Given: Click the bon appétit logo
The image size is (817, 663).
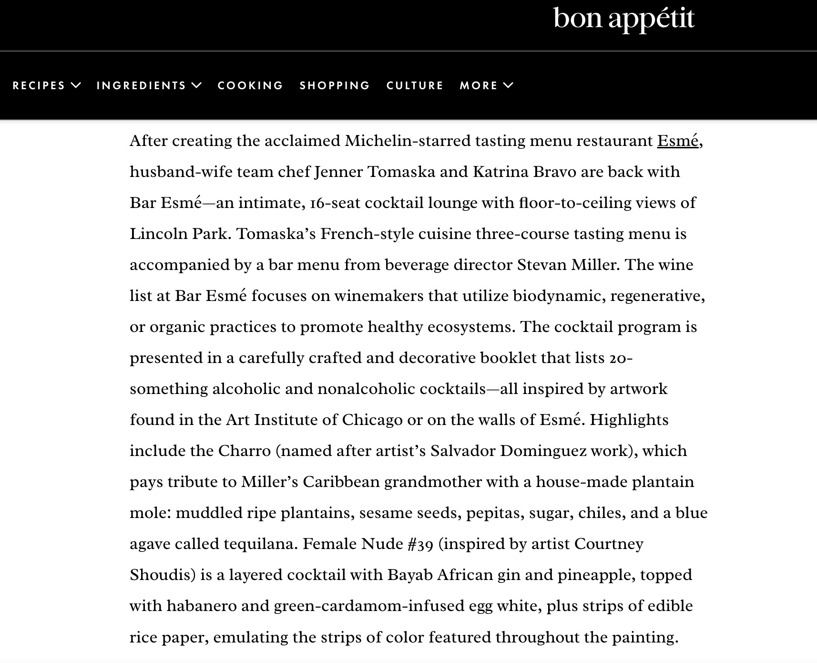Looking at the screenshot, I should (623, 20).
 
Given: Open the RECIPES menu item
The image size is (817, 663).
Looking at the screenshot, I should (39, 85).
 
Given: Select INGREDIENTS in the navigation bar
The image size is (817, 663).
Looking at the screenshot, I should (141, 85).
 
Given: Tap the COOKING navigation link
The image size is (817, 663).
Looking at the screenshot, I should (250, 85).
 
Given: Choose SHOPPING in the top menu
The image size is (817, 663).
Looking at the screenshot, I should (335, 85).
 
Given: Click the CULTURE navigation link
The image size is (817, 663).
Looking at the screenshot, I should (415, 85).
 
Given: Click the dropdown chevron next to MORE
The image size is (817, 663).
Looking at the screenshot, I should (509, 85).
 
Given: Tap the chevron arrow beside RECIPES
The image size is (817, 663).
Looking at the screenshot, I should (76, 85).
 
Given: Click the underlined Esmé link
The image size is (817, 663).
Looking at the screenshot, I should (677, 141).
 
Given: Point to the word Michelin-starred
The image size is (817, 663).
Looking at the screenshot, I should (407, 141).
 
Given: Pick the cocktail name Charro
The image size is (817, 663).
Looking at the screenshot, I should (244, 451).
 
